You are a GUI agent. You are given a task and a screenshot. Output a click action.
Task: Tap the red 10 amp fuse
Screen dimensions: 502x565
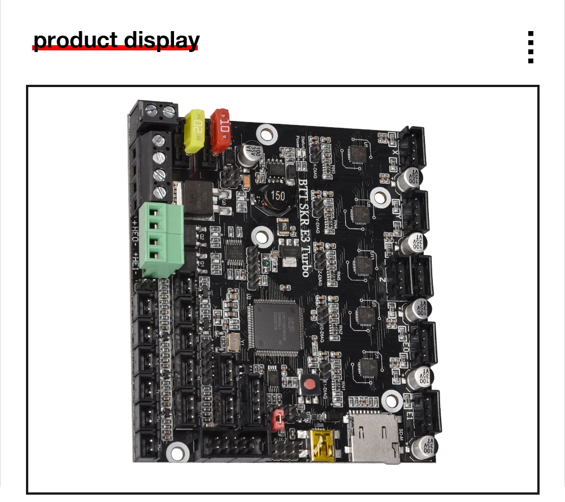click(x=221, y=128)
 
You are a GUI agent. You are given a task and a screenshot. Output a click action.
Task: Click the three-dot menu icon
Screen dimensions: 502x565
click(x=531, y=47)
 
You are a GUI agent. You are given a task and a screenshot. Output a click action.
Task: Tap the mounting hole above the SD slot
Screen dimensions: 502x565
click(x=392, y=400)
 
